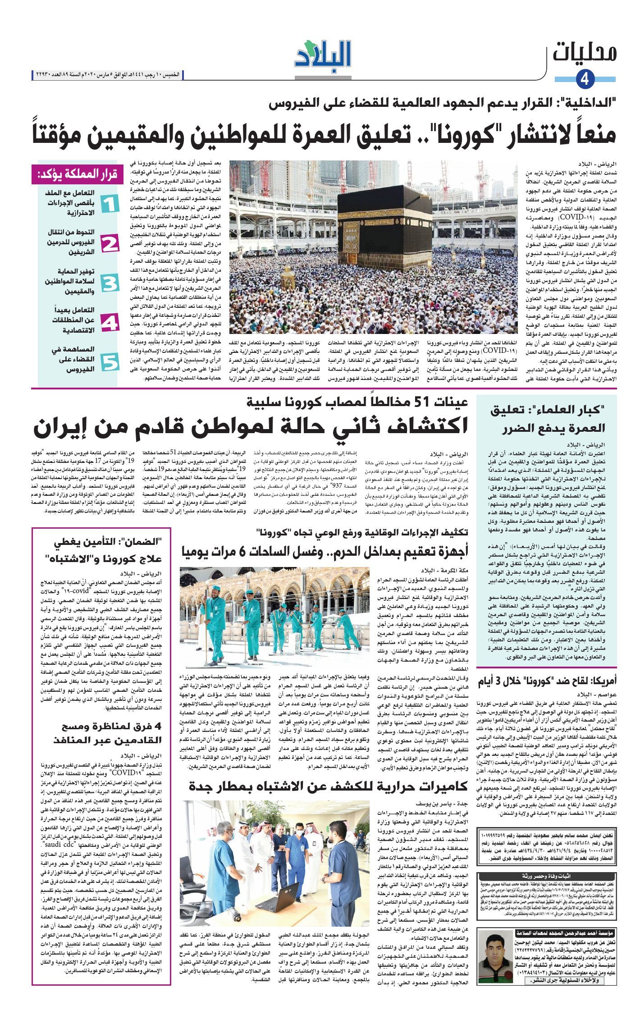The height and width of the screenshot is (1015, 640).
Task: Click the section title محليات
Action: (585, 52)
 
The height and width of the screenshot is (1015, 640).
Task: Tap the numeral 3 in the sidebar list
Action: (110, 283)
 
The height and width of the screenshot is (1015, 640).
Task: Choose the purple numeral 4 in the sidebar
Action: (110, 323)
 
